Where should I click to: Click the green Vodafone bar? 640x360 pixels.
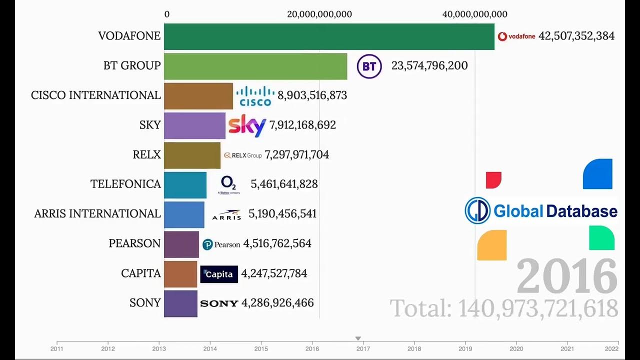coord(329,36)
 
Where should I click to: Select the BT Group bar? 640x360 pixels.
coord(255,66)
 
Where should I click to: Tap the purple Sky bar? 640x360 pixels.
coord(194,125)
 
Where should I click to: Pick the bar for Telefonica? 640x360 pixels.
coord(185,184)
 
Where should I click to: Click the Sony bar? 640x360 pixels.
coord(180,303)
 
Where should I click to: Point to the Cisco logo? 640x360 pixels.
coord(255,96)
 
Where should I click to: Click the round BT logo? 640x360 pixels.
coord(369,66)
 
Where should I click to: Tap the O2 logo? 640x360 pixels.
coord(229,184)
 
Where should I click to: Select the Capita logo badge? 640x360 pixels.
coord(219,274)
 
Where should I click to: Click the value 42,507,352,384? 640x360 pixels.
coord(576,36)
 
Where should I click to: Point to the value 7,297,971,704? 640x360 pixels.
coord(296,155)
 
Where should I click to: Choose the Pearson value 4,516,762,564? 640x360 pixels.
coord(277,244)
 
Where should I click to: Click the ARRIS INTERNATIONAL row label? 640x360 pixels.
coord(97,214)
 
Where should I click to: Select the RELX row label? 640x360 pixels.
coord(146,155)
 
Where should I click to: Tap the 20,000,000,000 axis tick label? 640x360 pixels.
coord(319,14)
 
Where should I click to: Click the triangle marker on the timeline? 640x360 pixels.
coord(358,338)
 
